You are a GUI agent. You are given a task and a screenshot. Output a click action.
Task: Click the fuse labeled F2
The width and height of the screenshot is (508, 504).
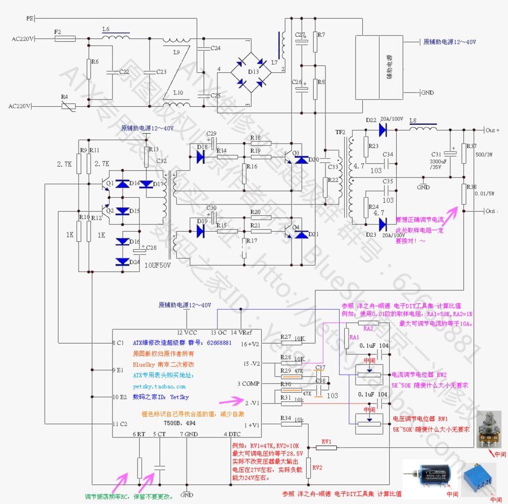pyautogui.click(x=65, y=39)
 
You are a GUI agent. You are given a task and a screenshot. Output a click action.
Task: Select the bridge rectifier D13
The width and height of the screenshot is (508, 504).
pyautogui.click(x=251, y=72)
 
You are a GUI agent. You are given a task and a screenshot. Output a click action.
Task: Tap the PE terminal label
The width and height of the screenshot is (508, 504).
pyautogui.click(x=30, y=18)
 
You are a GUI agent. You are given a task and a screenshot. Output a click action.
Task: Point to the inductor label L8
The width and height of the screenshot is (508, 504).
pyautogui.click(x=413, y=120)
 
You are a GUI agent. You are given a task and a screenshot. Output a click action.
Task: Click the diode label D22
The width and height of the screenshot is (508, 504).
pyautogui.click(x=371, y=120)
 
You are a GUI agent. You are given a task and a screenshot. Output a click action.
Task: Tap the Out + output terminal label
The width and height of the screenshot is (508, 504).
pyautogui.click(x=490, y=130)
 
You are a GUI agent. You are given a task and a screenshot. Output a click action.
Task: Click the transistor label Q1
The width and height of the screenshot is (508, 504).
pyautogui.click(x=110, y=183)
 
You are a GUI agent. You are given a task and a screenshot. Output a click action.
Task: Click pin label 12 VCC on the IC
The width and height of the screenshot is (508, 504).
pyautogui.click(x=187, y=332)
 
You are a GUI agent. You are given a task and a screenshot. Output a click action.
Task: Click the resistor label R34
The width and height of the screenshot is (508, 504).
pyautogui.click(x=286, y=419)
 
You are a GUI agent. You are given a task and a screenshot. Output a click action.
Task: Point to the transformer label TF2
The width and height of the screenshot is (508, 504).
pyautogui.click(x=340, y=132)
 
